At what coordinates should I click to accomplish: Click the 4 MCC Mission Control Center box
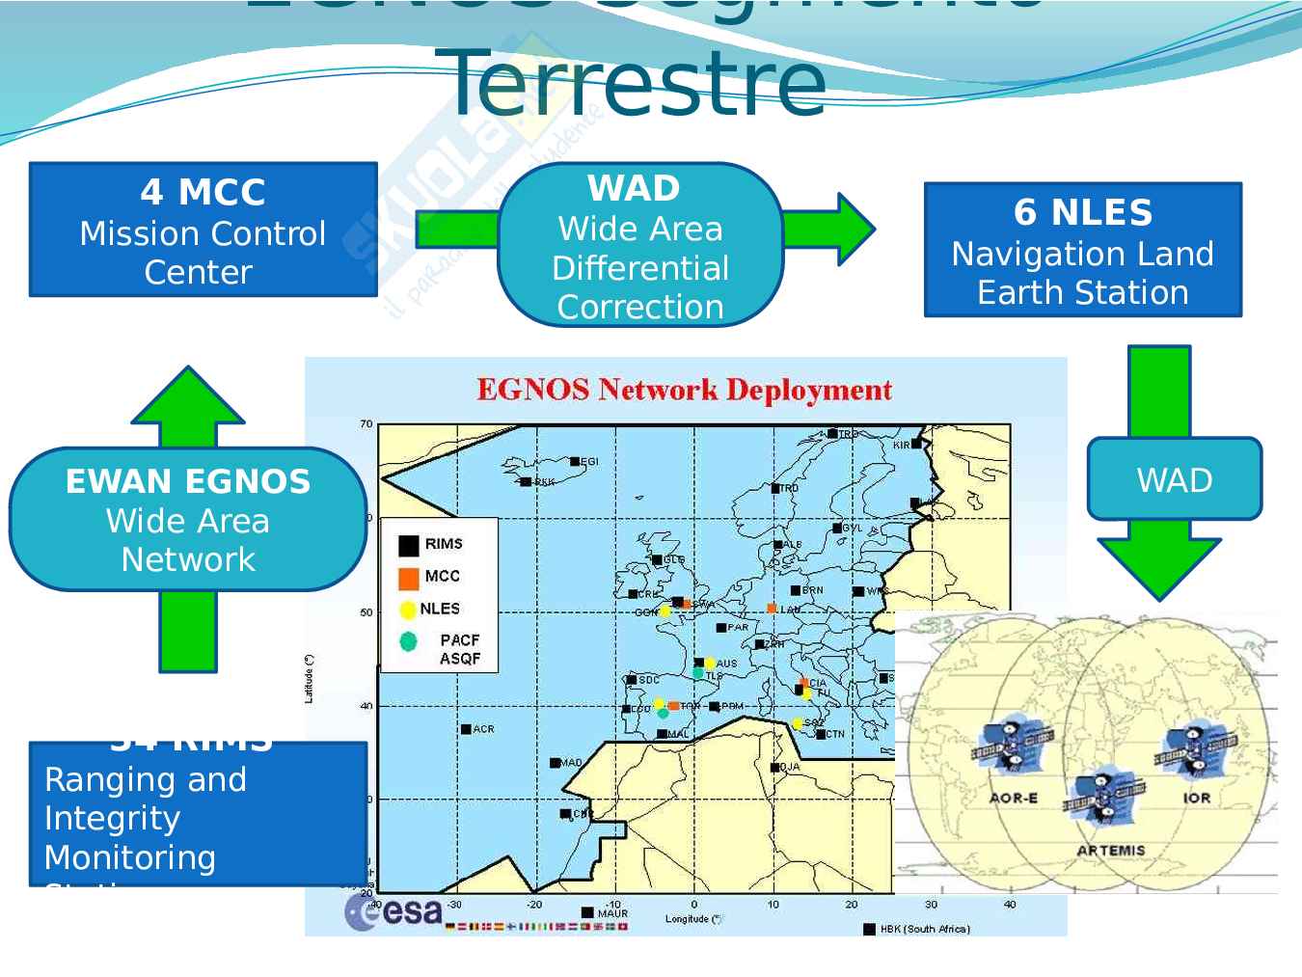click(203, 230)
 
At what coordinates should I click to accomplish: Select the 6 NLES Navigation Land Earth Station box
click(1082, 250)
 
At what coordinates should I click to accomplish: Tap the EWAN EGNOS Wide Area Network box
click(188, 519)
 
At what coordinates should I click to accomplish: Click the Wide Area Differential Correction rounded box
click(639, 245)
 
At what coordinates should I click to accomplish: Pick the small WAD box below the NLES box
click(1174, 479)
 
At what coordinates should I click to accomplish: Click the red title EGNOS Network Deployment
click(684, 391)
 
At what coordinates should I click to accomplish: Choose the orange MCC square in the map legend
click(409, 578)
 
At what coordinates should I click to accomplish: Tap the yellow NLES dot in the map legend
click(408, 610)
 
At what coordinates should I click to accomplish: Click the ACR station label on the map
click(482, 729)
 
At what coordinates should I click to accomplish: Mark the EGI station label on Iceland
click(588, 462)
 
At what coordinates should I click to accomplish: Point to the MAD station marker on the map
click(556, 763)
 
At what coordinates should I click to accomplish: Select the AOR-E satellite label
click(1013, 798)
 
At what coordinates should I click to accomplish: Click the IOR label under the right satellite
click(1196, 798)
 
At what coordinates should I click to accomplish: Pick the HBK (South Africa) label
click(924, 929)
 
